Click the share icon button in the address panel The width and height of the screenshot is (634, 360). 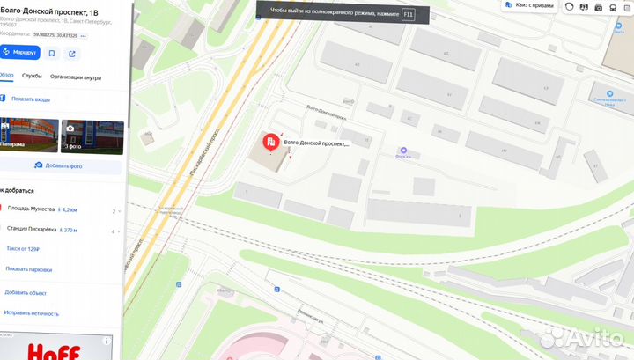click(72, 53)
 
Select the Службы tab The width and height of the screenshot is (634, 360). click(32, 77)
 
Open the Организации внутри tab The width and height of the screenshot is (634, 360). click(75, 77)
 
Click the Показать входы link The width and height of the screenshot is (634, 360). click(32, 99)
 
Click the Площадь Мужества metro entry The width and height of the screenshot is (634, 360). click(32, 210)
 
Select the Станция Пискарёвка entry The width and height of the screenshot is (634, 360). click(33, 230)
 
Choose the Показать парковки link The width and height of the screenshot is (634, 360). click(29, 268)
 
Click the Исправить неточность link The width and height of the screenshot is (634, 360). click(31, 312)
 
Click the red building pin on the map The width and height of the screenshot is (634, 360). click(269, 143)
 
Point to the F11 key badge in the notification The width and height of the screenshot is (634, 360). click(408, 14)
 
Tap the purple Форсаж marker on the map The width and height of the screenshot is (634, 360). click(404, 151)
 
